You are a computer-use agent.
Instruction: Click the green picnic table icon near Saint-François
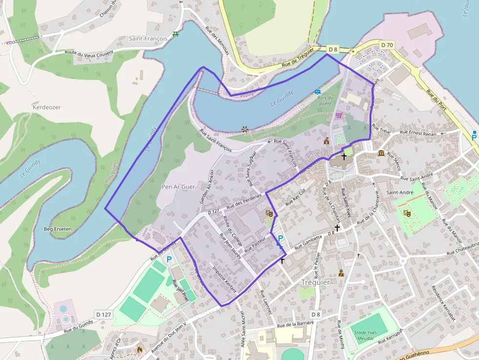coord(175,35)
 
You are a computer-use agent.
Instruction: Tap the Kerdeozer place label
coord(46,107)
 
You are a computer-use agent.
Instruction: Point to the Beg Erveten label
coord(58,229)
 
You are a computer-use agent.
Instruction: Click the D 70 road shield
coord(387,45)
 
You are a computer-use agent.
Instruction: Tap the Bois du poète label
coord(325,100)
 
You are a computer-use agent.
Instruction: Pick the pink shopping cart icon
coord(338,115)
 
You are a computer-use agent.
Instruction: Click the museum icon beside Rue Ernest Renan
coord(381,153)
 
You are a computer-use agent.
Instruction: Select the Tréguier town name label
coord(316,282)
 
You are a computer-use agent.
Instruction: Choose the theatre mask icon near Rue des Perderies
coord(268,213)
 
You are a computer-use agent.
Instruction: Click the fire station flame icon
coord(140,350)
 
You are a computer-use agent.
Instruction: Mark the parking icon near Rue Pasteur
coord(281,239)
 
